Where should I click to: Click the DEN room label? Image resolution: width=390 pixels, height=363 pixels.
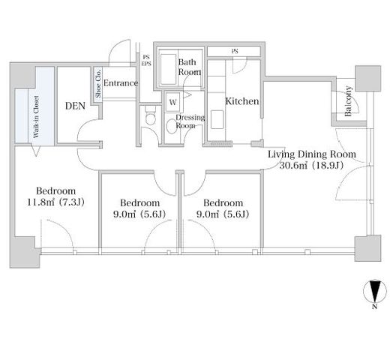pyautogui.click(x=75, y=106)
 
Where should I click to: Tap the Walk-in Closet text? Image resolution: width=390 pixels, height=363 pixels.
pyautogui.click(x=37, y=117)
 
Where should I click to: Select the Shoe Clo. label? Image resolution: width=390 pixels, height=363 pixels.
pyautogui.click(x=98, y=83)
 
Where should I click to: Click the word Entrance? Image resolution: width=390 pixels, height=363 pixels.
pyautogui.click(x=121, y=83)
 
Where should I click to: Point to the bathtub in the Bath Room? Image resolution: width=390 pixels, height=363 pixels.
pyautogui.click(x=168, y=69)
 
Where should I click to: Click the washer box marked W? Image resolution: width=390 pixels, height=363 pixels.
pyautogui.click(x=173, y=102)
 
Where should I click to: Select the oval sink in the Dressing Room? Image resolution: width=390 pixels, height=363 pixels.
pyautogui.click(x=172, y=126)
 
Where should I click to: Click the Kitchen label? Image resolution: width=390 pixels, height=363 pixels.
pyautogui.click(x=242, y=101)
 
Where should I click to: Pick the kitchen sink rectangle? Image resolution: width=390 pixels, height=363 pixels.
pyautogui.click(x=217, y=119)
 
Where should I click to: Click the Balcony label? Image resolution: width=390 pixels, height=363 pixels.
pyautogui.click(x=348, y=101)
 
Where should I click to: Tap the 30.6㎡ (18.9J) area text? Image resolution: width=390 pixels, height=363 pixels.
pyautogui.click(x=311, y=165)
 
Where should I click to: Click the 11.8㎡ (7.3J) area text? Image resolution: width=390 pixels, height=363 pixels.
pyautogui.click(x=55, y=202)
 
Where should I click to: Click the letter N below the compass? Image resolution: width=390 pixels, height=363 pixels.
pyautogui.click(x=374, y=307)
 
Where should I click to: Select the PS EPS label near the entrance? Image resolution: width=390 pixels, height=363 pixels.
pyautogui.click(x=146, y=61)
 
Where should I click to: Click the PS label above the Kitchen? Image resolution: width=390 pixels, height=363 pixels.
pyautogui.click(x=235, y=51)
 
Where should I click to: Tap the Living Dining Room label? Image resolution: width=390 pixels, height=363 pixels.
pyautogui.click(x=312, y=154)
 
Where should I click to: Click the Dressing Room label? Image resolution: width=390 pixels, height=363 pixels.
pyautogui.click(x=190, y=121)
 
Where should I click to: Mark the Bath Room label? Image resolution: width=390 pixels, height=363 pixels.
pyautogui.click(x=190, y=67)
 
